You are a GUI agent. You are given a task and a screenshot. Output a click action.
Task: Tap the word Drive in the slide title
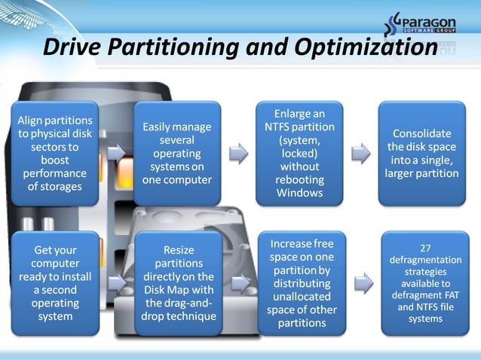click(x=72, y=47)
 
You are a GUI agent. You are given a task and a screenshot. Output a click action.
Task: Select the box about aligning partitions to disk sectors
click(x=54, y=153)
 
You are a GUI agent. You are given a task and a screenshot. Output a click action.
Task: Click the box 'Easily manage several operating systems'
click(x=177, y=153)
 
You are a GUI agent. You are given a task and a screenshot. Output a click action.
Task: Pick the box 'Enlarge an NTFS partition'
click(x=300, y=153)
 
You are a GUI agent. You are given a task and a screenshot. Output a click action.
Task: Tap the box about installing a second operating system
click(x=54, y=282)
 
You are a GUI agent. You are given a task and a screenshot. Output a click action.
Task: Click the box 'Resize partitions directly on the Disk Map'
click(x=178, y=282)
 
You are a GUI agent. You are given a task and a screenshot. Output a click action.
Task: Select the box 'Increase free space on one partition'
click(x=302, y=283)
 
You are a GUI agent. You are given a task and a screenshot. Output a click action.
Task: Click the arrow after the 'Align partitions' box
click(x=116, y=154)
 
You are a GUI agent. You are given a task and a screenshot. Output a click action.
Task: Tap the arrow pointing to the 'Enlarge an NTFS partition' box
click(x=238, y=154)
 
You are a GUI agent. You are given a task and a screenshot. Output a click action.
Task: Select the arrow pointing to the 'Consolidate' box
click(x=361, y=154)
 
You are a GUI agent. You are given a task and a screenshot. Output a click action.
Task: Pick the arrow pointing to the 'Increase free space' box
click(x=240, y=283)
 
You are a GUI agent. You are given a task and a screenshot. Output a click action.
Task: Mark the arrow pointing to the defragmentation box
click(x=363, y=283)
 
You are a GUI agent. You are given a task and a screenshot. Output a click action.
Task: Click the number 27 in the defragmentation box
click(x=425, y=246)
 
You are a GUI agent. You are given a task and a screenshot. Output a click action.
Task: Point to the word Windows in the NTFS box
click(x=300, y=193)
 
